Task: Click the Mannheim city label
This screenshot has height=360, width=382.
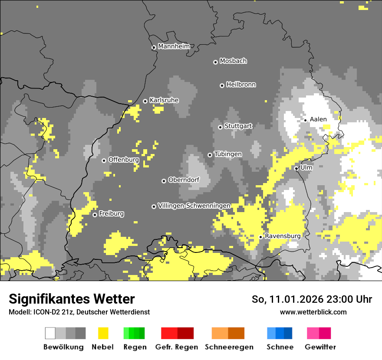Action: tap(174, 46)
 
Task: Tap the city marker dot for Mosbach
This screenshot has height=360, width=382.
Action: tap(215, 62)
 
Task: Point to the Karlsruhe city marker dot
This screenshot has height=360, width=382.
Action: tap(145, 101)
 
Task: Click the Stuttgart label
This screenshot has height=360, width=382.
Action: tap(238, 126)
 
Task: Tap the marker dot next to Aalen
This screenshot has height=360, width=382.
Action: tap(306, 120)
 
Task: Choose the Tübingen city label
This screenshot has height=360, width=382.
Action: tap(228, 154)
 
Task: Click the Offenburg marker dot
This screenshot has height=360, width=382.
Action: tap(104, 160)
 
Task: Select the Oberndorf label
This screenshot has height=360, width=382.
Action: tap(184, 180)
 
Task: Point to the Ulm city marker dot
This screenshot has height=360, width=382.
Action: tap(296, 168)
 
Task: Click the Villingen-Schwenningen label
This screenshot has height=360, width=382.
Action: tap(194, 206)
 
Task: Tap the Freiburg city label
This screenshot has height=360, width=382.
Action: tap(111, 214)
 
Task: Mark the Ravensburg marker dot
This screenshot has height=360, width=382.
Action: tap(260, 237)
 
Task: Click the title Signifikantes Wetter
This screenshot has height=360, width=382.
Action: tap(72, 299)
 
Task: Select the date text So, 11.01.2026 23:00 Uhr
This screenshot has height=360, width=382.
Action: tap(312, 300)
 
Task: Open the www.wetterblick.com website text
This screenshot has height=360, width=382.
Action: tap(313, 312)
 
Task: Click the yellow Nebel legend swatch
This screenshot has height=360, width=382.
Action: tap(103, 333)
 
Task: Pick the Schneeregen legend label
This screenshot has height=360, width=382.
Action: tap(229, 347)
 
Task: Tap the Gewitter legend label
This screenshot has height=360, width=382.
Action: tap(320, 347)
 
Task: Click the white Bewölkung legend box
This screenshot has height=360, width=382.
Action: tap(50, 333)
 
